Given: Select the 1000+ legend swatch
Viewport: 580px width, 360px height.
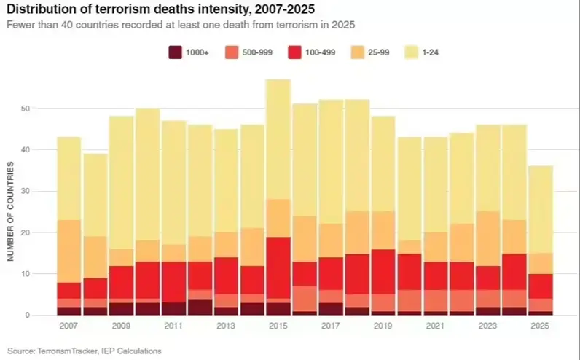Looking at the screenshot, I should [x=176, y=52].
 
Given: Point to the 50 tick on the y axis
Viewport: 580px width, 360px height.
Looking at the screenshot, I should [x=26, y=109].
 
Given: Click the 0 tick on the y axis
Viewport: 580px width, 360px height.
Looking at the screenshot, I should [x=28, y=316].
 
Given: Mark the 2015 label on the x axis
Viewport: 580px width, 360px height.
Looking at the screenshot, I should [x=278, y=326].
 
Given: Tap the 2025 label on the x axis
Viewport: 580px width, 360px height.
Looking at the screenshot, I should [x=540, y=326].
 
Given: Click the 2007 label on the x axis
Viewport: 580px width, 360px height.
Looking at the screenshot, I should [x=68, y=326].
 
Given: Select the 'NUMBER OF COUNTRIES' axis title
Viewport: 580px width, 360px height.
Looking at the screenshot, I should [x=11, y=211].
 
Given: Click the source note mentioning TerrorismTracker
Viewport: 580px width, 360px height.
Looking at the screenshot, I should [x=85, y=351].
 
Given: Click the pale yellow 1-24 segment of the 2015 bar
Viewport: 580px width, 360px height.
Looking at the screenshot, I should [x=278, y=138].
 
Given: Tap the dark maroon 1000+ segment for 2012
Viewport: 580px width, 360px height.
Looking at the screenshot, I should [x=200, y=307].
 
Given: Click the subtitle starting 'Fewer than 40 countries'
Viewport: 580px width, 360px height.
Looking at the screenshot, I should [x=179, y=26].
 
